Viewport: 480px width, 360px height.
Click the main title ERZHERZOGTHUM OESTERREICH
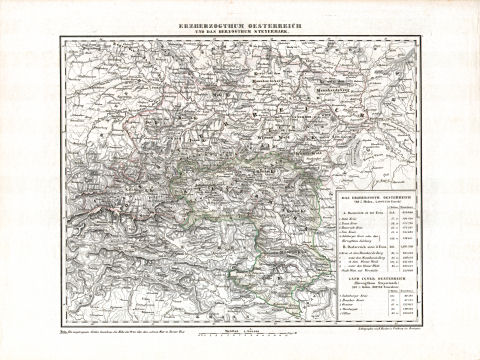(x=239, y=19)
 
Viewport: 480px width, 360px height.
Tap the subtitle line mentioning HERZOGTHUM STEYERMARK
(x=239, y=27)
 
